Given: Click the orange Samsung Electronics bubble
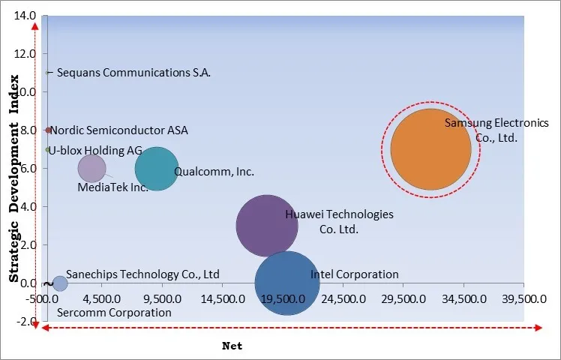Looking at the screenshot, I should (x=430, y=149).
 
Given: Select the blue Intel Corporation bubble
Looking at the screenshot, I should (x=286, y=283).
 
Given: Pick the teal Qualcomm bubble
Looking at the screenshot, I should (x=156, y=169).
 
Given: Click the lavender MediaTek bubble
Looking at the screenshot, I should (x=91, y=169).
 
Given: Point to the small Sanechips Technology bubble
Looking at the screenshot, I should (x=60, y=283).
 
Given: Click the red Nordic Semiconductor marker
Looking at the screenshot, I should (x=49, y=130).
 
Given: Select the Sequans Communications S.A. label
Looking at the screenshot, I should (x=133, y=73).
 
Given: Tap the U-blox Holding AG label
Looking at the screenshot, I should (x=96, y=149).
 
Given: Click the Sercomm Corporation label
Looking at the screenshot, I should (x=114, y=312).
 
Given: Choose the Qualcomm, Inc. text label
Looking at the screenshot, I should (x=214, y=171).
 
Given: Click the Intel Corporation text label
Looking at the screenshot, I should (x=354, y=274).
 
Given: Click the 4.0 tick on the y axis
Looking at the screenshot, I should (x=27, y=206).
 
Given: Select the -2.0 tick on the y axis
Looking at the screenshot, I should (x=25, y=321).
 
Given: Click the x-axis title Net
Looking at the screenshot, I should (x=232, y=346).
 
